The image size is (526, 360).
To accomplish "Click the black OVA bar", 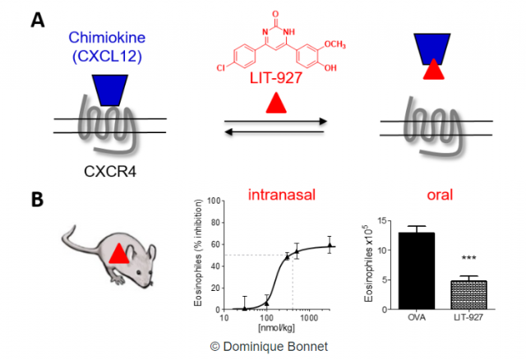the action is [x=417, y=270].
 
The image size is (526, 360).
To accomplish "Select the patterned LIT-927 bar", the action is [x=468, y=294].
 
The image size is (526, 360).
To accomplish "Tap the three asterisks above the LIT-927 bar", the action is [x=468, y=257].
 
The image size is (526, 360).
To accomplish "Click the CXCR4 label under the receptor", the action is [x=110, y=172].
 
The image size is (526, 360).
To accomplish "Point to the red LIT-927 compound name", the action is [x=276, y=78].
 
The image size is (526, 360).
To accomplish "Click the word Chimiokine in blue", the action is [x=107, y=38].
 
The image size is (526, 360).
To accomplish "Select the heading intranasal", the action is [x=282, y=195].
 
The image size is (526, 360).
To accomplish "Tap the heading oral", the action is [x=440, y=195].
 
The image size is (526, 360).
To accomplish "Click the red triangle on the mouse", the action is [x=118, y=254].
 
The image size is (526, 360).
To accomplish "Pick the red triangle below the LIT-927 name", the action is [x=276, y=104].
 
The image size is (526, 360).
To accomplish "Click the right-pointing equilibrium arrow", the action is [x=275, y=121].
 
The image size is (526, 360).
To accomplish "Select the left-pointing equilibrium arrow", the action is [x=274, y=132].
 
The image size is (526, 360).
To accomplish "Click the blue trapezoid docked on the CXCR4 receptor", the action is [x=110, y=90].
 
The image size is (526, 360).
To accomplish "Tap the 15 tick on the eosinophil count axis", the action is [x=382, y=221].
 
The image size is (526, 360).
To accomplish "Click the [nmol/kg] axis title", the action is [x=276, y=327].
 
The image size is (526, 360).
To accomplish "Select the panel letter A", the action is [x=38, y=20].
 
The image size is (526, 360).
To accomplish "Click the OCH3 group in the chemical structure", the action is [x=335, y=44].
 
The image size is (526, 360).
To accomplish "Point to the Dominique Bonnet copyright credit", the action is [x=269, y=346].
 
